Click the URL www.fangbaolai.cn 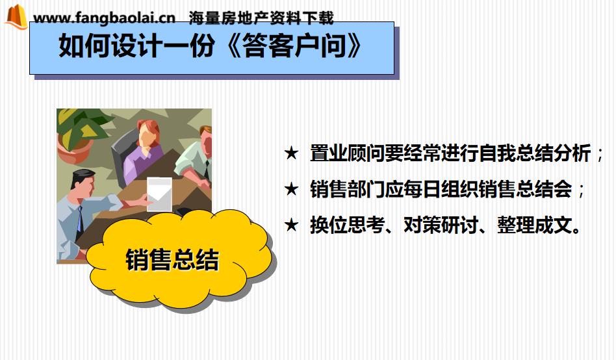pyautogui.click(x=105, y=18)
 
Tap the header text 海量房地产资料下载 pyautogui.click(x=261, y=18)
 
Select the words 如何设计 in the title pyautogui.click(x=110, y=46)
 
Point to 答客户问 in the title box pyautogui.click(x=294, y=46)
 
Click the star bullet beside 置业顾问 pyautogui.click(x=292, y=153)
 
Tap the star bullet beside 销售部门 pyautogui.click(x=292, y=189)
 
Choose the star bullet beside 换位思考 pyautogui.click(x=292, y=225)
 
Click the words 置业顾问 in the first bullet pyautogui.click(x=347, y=153)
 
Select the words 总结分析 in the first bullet pyautogui.click(x=554, y=153)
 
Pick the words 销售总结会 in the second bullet pyautogui.click(x=525, y=189)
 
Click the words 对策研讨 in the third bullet pyautogui.click(x=441, y=225)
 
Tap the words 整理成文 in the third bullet pyautogui.click(x=535, y=225)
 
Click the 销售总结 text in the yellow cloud pyautogui.click(x=172, y=260)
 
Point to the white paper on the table pyautogui.click(x=159, y=194)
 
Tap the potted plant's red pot pyautogui.click(x=73, y=149)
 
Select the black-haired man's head pyautogui.click(x=83, y=184)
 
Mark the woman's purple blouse pyautogui.click(x=142, y=161)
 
